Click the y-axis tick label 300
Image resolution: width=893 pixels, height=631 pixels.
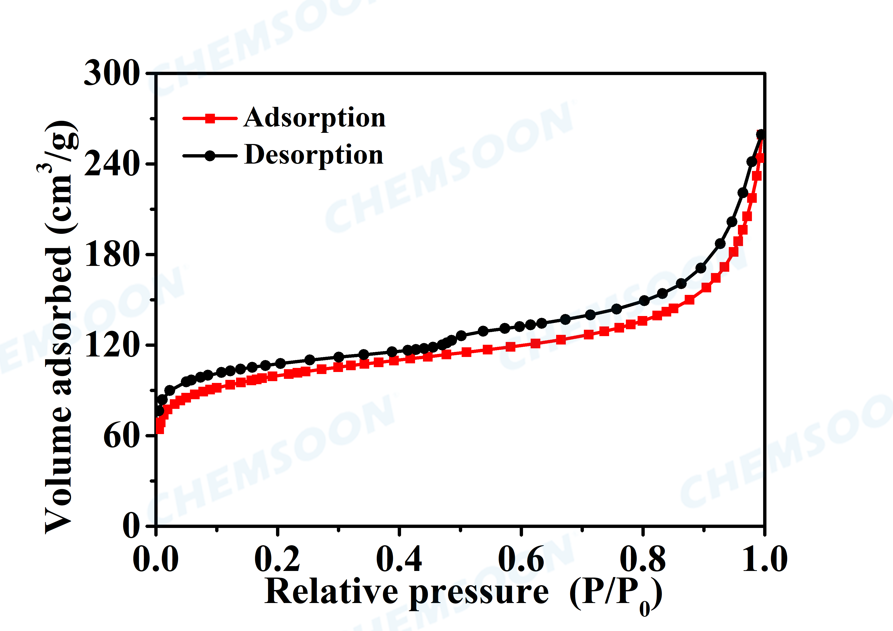[112, 74]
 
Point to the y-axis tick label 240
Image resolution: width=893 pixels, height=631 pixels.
[112, 164]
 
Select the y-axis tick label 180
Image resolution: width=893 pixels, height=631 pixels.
[112, 254]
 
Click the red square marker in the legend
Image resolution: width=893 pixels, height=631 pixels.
[210, 118]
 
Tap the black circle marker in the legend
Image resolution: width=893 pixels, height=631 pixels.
[210, 156]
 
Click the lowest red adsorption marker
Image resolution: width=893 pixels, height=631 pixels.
[159, 429]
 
